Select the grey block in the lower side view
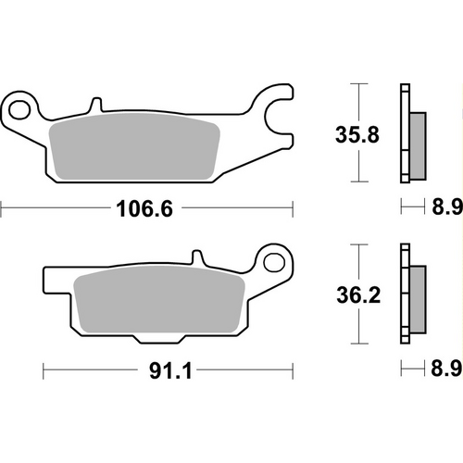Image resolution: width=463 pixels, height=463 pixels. (x=417, y=298)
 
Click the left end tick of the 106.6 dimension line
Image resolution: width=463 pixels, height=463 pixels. (x=1, y=209)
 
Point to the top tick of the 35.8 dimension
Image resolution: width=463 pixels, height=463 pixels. (x=356, y=84)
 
